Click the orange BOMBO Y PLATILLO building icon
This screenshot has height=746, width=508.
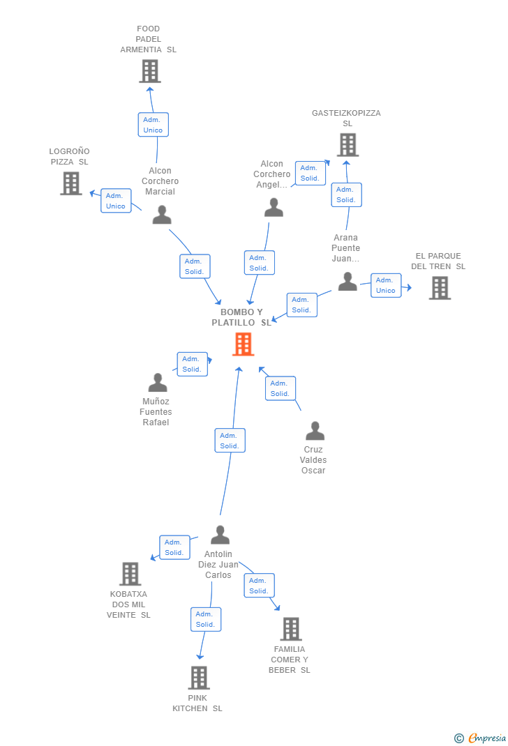click(x=244, y=344)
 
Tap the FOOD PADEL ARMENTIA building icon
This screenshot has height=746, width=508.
click(x=150, y=71)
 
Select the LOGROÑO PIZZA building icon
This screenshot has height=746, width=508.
click(x=71, y=183)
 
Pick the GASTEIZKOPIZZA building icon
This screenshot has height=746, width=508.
click(x=348, y=144)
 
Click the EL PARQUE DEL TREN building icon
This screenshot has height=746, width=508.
click(x=440, y=288)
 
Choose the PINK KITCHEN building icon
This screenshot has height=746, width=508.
click(x=199, y=678)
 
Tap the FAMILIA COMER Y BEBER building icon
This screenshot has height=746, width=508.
click(x=291, y=629)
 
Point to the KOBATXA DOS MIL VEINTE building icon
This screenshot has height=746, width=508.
click(x=130, y=574)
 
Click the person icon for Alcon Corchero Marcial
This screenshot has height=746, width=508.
click(x=162, y=215)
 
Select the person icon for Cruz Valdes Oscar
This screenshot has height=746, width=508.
click(x=315, y=431)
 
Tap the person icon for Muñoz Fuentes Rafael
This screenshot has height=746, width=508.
click(x=158, y=382)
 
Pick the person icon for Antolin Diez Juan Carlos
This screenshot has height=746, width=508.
click(x=220, y=535)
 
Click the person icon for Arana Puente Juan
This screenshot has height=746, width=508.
click(x=348, y=281)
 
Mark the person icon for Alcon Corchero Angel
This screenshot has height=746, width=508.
click(x=274, y=208)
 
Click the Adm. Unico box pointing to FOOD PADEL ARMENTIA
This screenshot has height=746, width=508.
click(x=154, y=125)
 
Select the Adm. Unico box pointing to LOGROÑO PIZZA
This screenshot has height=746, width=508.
click(x=116, y=201)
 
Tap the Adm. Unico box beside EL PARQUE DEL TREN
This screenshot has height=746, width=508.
click(x=386, y=285)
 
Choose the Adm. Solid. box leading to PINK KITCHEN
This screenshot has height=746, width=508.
click(x=206, y=619)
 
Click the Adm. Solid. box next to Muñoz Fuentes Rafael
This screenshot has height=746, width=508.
click(x=193, y=365)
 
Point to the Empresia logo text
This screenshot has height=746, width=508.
click(x=486, y=738)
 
